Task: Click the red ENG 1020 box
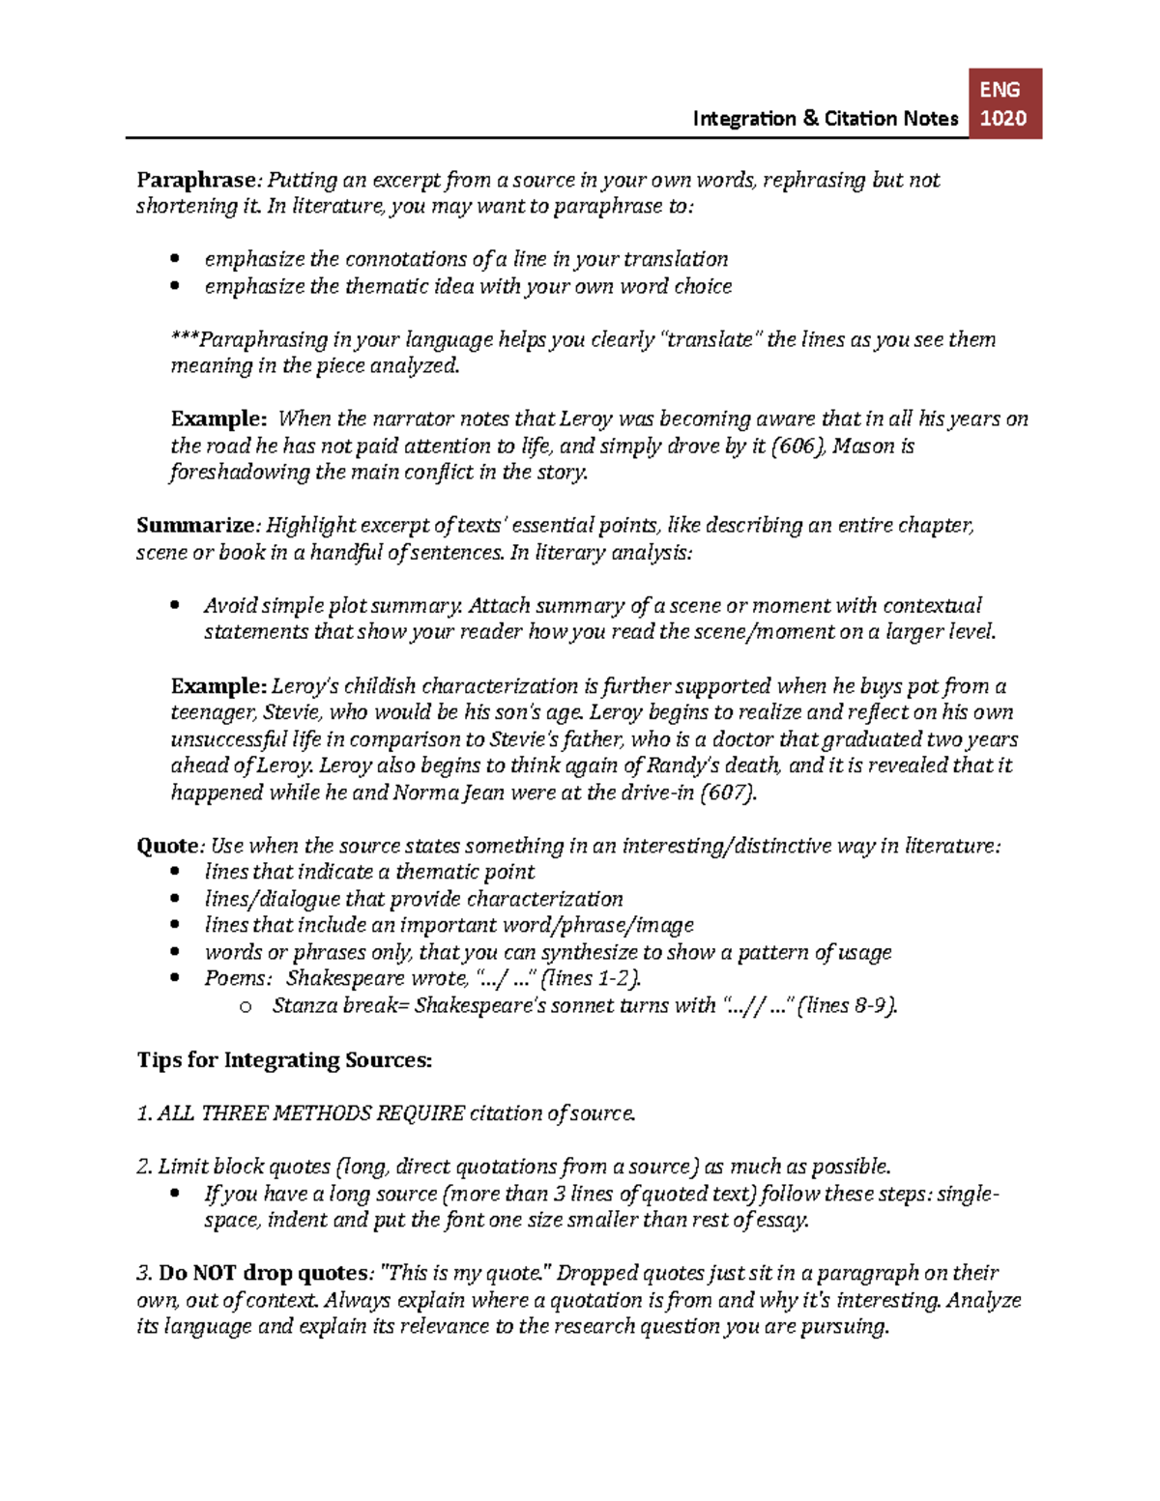point(1004,103)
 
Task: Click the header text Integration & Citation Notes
point(825,119)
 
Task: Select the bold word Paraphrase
point(196,180)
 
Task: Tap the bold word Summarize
point(194,526)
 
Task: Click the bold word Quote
point(166,846)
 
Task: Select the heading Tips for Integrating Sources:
point(284,1060)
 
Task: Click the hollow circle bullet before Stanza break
point(246,1007)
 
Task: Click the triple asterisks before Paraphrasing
point(185,340)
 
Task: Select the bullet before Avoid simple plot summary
point(175,606)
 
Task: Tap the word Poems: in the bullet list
point(238,978)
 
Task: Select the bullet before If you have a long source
point(175,1194)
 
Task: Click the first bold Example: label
point(218,419)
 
